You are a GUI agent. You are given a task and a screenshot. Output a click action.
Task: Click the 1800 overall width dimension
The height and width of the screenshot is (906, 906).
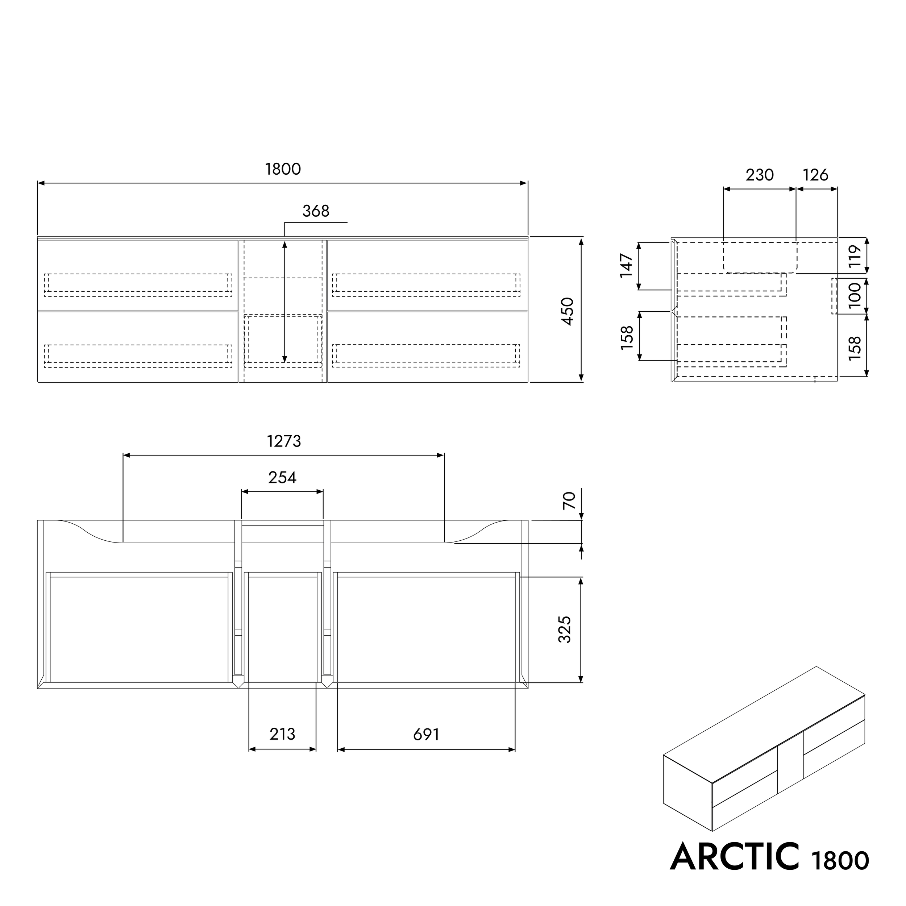click(283, 169)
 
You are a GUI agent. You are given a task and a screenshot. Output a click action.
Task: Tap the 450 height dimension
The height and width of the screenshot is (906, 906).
click(568, 311)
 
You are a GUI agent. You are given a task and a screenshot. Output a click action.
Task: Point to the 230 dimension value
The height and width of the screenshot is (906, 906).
click(759, 175)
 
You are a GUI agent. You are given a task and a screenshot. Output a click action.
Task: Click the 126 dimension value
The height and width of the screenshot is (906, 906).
click(815, 175)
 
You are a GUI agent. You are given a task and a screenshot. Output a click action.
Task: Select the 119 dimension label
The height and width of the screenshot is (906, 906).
click(855, 256)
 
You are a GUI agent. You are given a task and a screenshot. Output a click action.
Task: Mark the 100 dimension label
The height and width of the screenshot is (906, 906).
click(855, 295)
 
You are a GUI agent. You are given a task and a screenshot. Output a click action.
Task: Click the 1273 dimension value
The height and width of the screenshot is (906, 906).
click(284, 441)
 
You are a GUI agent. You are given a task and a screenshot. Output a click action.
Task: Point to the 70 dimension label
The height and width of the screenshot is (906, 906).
click(568, 500)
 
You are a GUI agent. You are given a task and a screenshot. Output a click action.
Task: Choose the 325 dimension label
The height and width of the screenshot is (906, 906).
click(565, 629)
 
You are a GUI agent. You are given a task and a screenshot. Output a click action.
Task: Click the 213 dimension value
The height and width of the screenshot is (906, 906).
click(282, 734)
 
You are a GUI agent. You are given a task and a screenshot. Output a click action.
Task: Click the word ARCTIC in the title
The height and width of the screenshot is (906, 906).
click(734, 856)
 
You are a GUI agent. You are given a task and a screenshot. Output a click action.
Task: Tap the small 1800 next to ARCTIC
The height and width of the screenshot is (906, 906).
click(840, 860)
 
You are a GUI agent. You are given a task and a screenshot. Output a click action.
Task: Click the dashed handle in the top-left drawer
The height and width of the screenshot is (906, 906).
click(138, 284)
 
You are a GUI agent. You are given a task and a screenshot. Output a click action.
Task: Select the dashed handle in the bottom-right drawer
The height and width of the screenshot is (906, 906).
click(426, 356)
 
